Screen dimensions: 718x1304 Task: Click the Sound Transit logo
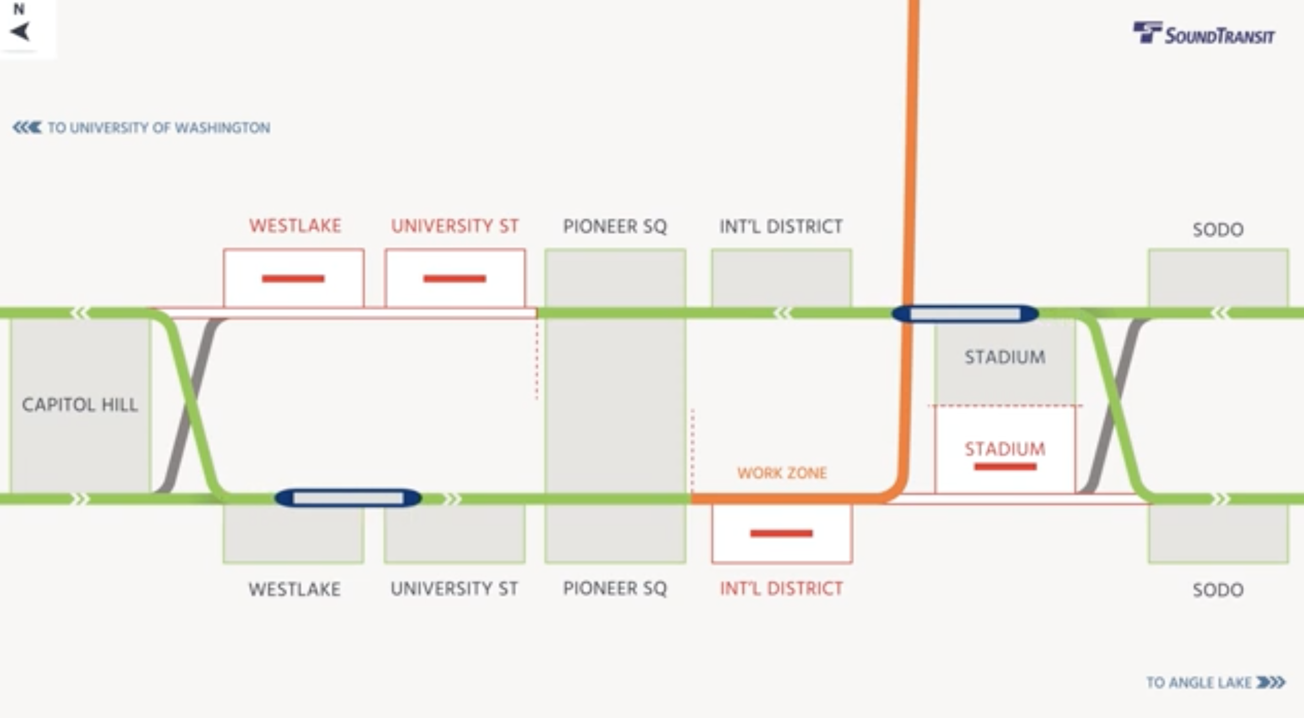point(1203,33)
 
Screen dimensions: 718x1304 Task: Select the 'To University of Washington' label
point(141,127)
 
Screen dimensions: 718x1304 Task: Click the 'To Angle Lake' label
point(1215,683)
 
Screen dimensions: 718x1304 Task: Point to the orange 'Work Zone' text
point(782,473)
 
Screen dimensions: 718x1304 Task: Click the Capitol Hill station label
point(80,405)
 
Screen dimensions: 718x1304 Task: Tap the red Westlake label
point(295,226)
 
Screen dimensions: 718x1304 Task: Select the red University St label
point(455,226)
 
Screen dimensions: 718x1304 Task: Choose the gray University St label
point(454,588)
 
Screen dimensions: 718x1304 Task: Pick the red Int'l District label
point(781,588)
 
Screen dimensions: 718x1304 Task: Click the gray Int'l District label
point(781,226)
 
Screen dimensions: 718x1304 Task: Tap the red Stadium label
point(1004,449)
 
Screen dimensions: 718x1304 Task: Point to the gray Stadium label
point(1004,357)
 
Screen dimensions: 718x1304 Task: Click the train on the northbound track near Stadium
point(965,314)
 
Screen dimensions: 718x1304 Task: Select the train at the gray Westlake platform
point(348,498)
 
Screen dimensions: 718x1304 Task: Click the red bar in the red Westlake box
point(293,279)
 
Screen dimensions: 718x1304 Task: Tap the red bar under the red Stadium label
point(1005,467)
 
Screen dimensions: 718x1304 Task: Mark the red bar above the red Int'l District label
point(781,533)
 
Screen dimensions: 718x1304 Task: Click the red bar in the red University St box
point(455,279)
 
